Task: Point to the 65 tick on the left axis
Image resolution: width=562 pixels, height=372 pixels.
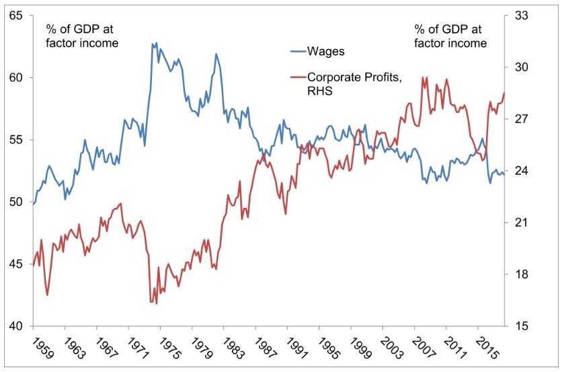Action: click(15, 15)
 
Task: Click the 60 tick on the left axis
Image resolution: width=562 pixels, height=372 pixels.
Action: click(15, 77)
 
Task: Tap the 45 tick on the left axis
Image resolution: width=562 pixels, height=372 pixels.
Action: click(15, 264)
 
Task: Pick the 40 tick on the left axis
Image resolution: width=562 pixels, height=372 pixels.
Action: click(15, 326)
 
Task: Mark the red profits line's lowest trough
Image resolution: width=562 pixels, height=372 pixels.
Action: click(156, 303)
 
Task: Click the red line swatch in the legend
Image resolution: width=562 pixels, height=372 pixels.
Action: click(296, 77)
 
